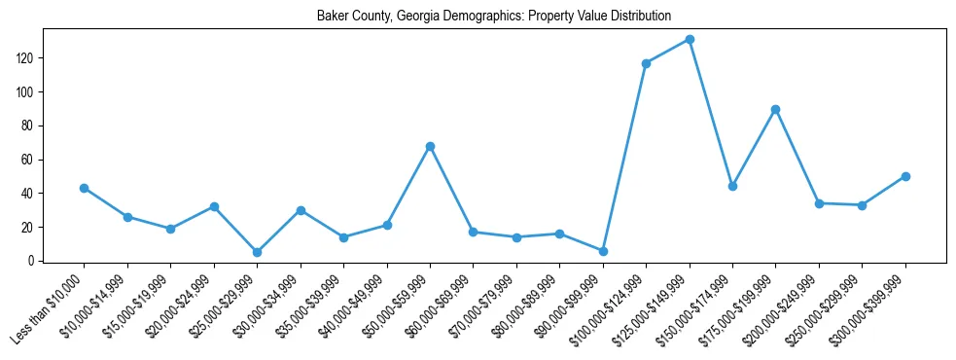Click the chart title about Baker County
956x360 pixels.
(493, 17)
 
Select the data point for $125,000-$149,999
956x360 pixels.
(690, 40)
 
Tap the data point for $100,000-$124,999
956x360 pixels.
(646, 63)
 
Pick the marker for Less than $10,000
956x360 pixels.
(85, 188)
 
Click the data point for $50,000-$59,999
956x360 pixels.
(430, 146)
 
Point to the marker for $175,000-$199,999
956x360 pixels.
(775, 109)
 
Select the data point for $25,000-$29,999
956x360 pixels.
(257, 252)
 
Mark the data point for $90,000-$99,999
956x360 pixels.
(603, 251)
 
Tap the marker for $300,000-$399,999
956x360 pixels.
(905, 176)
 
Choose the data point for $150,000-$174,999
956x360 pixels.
(732, 186)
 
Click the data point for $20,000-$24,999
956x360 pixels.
(214, 206)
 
